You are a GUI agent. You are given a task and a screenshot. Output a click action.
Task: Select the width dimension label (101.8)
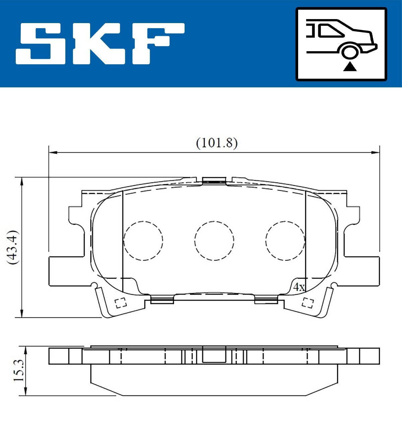[x=217, y=143]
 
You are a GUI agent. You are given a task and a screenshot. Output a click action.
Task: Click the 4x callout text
[x=298, y=287]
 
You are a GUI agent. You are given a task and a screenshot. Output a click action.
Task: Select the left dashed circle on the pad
[x=143, y=240]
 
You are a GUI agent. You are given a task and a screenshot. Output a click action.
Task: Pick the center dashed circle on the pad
[x=214, y=240]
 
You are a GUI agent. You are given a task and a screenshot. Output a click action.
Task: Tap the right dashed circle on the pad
[x=285, y=240]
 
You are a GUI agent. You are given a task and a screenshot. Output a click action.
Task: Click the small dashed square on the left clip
[x=120, y=303]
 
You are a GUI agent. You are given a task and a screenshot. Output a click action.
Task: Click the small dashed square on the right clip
[x=308, y=303]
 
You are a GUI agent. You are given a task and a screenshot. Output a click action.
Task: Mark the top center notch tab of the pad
[x=214, y=181]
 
